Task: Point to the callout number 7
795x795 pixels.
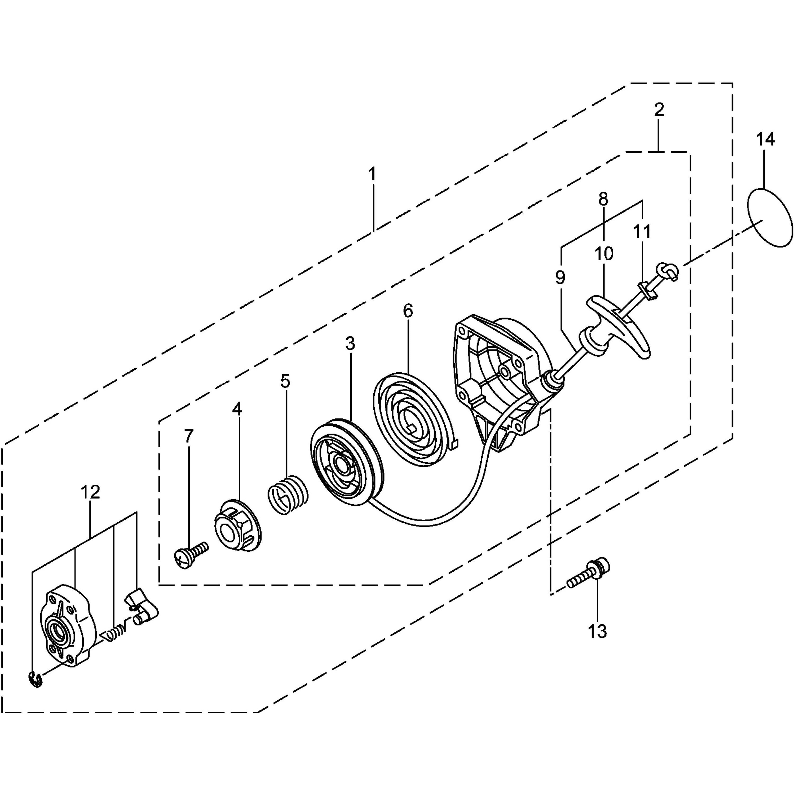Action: click(x=188, y=437)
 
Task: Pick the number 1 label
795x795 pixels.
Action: click(x=372, y=174)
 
